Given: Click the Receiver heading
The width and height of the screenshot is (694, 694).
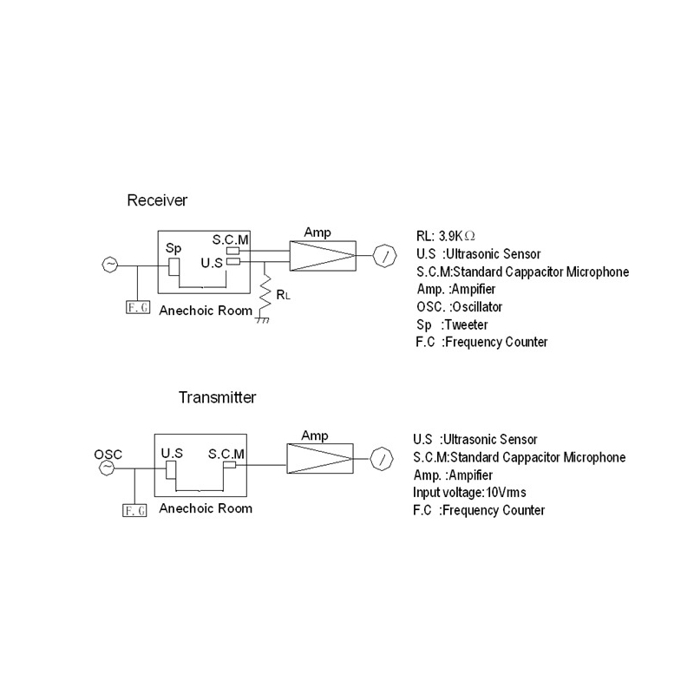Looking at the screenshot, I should [x=157, y=200].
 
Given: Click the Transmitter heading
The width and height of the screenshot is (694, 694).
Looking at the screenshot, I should [x=217, y=398].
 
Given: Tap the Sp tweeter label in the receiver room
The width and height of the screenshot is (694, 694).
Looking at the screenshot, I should [x=173, y=248].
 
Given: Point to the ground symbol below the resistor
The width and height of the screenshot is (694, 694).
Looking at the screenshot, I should [x=261, y=320].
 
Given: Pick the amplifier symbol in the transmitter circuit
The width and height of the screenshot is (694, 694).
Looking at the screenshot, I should [x=319, y=457].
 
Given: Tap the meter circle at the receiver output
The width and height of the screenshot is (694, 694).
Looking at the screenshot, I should [x=383, y=255].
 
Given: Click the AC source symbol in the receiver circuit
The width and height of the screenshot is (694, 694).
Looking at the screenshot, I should [x=109, y=265].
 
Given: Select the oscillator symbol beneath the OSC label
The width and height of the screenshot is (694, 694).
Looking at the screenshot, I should [x=107, y=468].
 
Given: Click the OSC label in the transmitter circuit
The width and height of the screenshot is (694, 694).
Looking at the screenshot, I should [x=108, y=455].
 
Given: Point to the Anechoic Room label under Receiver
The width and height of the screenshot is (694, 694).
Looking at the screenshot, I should [x=206, y=310].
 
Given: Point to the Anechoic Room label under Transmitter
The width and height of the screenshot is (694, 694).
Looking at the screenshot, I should [x=206, y=508].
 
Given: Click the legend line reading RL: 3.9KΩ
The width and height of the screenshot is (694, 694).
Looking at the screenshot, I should [x=447, y=237].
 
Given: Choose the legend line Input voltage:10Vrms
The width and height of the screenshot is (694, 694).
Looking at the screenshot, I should [x=469, y=493].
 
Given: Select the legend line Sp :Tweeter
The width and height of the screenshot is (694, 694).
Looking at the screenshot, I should [x=452, y=324].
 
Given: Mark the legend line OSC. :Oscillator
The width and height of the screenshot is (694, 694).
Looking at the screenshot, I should [x=459, y=307].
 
